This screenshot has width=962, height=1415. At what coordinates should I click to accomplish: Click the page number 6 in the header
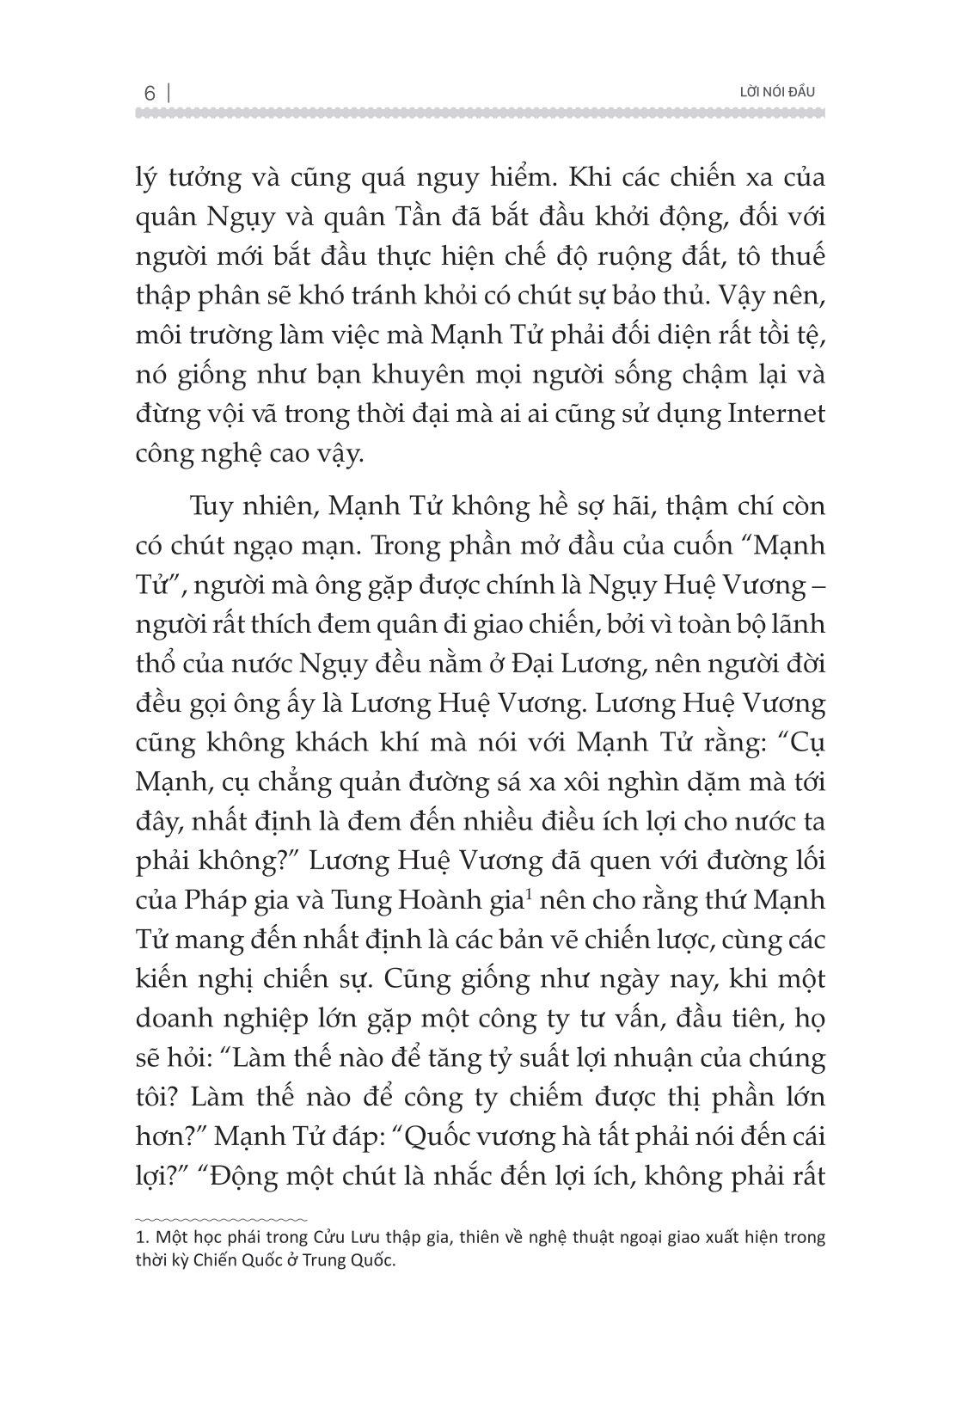pos(150,94)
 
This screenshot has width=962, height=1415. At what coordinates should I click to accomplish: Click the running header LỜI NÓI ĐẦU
pos(771,92)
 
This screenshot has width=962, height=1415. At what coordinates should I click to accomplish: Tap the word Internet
pos(776,413)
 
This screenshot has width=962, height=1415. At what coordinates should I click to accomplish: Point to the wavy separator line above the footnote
pos(222,1218)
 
